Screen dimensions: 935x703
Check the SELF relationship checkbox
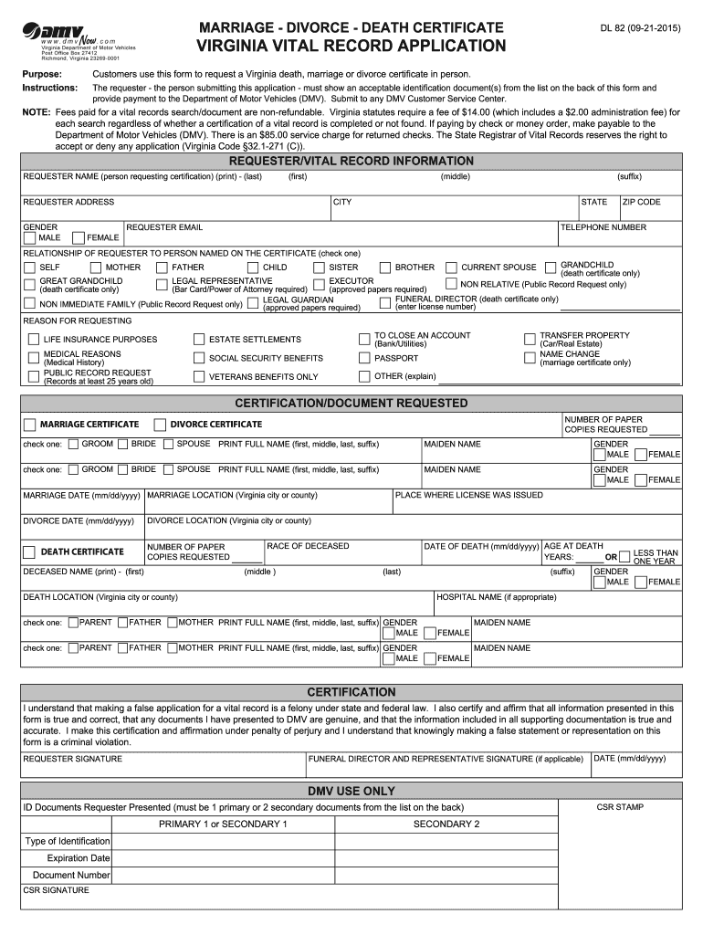tap(29, 268)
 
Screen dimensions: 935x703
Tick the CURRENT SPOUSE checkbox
tap(451, 268)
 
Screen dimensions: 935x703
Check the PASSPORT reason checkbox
tap(364, 358)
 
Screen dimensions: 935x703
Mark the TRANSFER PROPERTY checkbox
tap(530, 340)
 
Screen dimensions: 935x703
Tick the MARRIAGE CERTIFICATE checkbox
tap(30, 425)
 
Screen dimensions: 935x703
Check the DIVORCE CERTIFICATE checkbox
tap(160, 425)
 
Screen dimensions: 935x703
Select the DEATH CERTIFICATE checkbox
tap(30, 552)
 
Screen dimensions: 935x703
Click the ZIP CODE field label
tap(641, 202)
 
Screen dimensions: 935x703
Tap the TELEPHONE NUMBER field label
tap(603, 227)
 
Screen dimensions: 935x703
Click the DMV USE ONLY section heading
tap(351, 791)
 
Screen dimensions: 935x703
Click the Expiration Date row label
tap(79, 858)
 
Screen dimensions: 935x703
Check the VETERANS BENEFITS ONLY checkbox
tap(199, 376)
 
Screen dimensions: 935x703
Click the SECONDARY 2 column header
tap(446, 824)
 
